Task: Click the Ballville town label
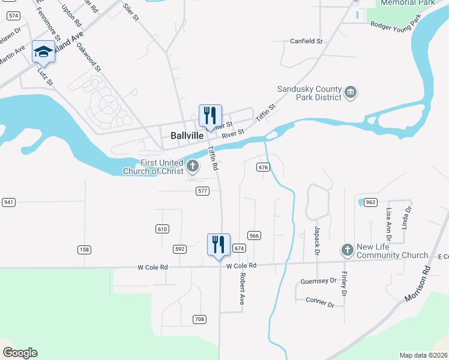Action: (x=187, y=136)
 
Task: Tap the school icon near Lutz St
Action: (x=43, y=53)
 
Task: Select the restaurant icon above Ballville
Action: (x=210, y=115)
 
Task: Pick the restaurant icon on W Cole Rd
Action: (x=219, y=244)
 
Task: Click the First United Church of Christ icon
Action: (x=193, y=166)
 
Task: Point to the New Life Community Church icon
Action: (x=346, y=249)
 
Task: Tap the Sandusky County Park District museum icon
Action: (x=351, y=92)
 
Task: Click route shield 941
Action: (x=8, y=202)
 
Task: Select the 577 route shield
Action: (x=202, y=191)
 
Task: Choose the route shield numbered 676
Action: (x=262, y=167)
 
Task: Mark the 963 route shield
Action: (x=370, y=202)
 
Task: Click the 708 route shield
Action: (x=199, y=319)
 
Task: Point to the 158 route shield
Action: (x=83, y=249)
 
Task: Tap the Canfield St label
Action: (x=306, y=41)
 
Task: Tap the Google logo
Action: (x=20, y=353)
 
